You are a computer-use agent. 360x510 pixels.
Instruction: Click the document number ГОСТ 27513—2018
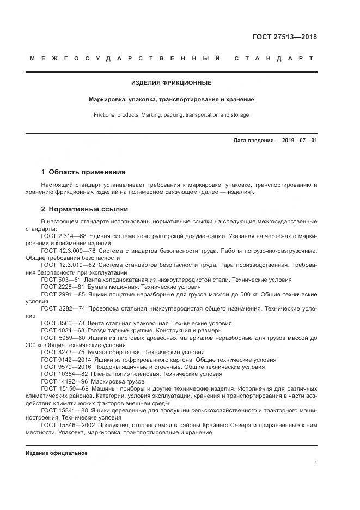click(284, 37)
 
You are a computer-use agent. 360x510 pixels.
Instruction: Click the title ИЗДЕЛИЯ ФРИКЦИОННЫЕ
click(171, 83)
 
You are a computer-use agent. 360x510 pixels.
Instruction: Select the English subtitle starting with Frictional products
click(171, 115)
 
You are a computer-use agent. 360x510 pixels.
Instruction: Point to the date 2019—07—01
click(300, 141)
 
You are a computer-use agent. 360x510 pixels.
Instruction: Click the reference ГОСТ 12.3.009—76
click(65, 250)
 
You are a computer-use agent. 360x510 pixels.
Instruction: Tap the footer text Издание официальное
click(56, 453)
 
